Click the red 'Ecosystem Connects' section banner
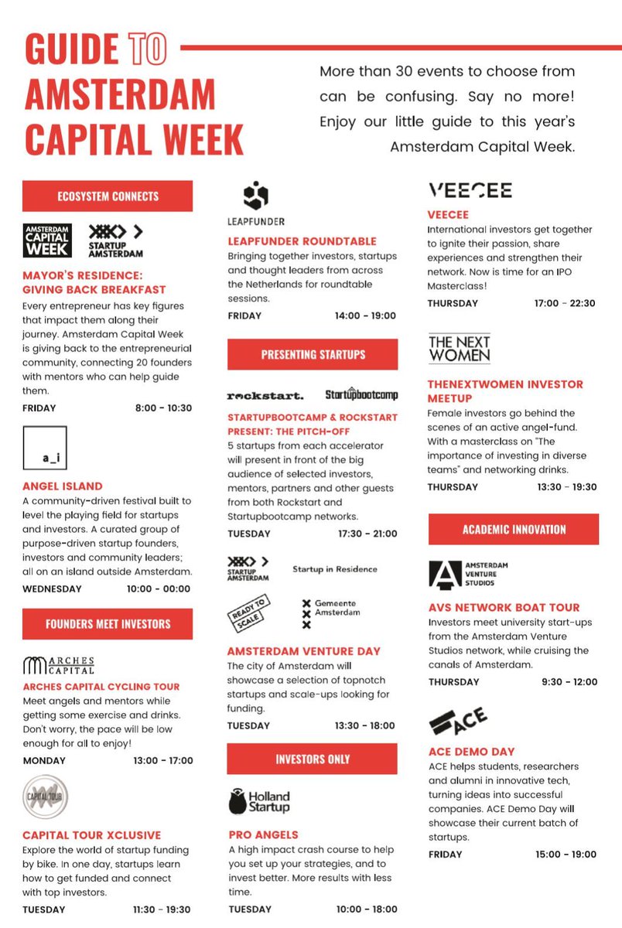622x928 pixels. (x=108, y=196)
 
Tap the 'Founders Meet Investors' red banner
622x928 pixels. (x=108, y=624)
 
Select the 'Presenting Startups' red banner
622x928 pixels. (x=313, y=355)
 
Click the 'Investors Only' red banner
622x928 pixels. (x=313, y=759)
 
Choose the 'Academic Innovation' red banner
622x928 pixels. (x=514, y=530)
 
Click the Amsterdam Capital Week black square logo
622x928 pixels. (x=46, y=241)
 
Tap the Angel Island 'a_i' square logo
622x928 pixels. (x=45, y=448)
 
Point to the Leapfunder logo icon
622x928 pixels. (x=255, y=196)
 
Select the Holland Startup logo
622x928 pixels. (x=260, y=802)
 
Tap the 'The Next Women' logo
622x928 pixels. (x=459, y=349)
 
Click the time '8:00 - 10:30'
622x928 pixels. (x=163, y=408)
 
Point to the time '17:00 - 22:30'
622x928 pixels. (x=566, y=303)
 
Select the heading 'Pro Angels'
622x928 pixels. (x=263, y=835)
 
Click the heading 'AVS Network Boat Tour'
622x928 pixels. (x=503, y=608)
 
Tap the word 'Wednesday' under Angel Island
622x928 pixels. (x=52, y=589)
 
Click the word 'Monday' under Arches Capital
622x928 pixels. (x=45, y=760)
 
